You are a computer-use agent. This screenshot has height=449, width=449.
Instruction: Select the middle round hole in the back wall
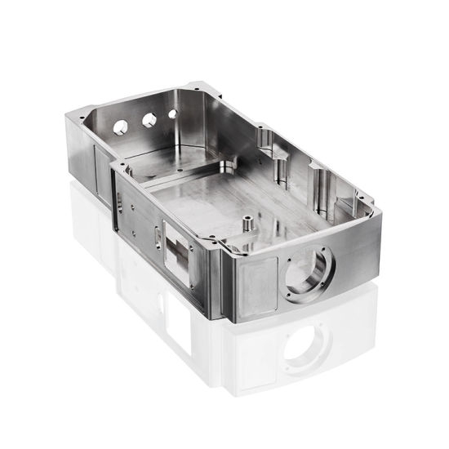pyautogui.click(x=149, y=120)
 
